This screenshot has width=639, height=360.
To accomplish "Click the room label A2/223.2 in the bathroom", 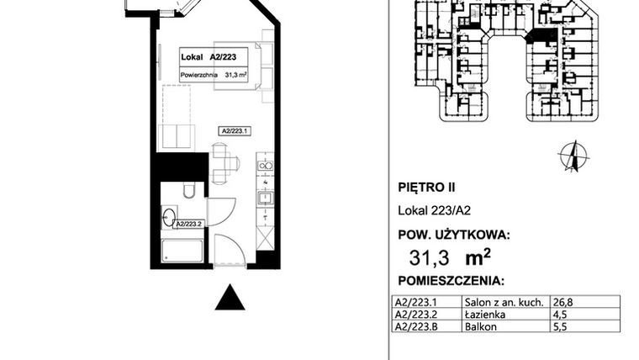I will (190, 224).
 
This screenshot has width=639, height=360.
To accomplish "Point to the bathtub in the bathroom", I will (181, 251).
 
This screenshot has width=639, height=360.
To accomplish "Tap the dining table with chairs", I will (220, 164).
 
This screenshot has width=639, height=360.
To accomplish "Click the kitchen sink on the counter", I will (265, 199).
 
